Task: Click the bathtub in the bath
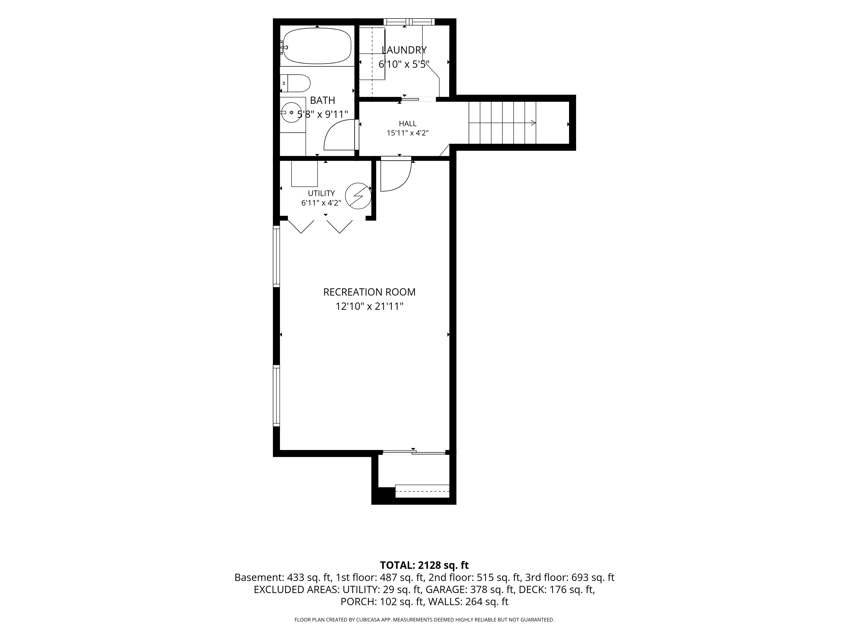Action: coord(317,46)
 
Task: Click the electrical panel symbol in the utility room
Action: coord(358,196)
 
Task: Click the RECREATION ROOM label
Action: coord(369,292)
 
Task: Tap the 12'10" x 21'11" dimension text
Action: coord(369,306)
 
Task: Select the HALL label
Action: coord(407,124)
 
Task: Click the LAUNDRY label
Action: coord(404,50)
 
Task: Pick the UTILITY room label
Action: coord(321,193)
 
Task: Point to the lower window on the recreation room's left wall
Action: coord(276,396)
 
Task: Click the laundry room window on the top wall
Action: coord(409,22)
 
